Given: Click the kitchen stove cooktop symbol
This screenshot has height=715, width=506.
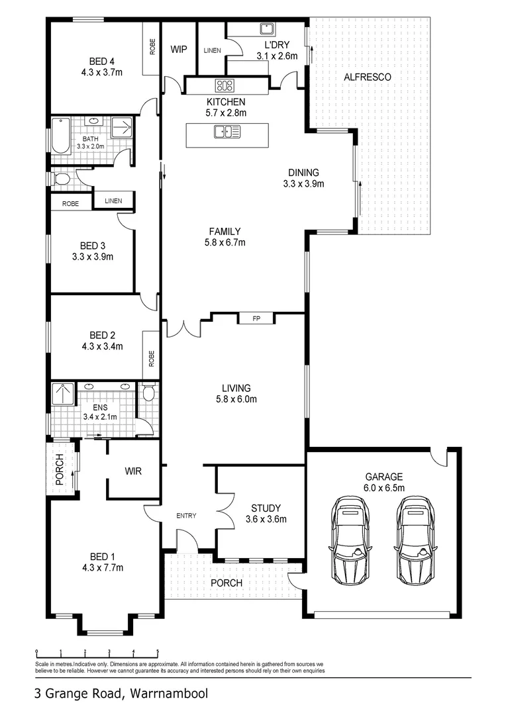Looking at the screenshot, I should [x=225, y=85].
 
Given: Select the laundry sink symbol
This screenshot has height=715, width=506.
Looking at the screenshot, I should [x=268, y=28].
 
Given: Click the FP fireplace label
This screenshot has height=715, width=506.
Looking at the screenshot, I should [x=256, y=319].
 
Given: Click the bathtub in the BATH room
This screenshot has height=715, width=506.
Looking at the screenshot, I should [x=61, y=136].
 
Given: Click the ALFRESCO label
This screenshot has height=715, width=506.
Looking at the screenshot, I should [x=368, y=77].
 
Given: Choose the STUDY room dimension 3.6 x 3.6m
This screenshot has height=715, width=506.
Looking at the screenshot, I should [x=266, y=520].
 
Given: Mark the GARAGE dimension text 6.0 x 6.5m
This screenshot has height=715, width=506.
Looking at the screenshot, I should [x=384, y=488].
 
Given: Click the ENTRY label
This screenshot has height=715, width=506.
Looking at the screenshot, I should [x=185, y=516].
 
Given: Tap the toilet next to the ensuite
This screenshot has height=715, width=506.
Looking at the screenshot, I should [x=148, y=395].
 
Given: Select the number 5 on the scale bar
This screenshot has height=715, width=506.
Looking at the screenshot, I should [x=158, y=651].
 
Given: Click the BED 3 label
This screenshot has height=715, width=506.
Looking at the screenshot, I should [x=93, y=245].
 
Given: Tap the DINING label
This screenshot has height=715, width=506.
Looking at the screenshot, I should [x=303, y=173].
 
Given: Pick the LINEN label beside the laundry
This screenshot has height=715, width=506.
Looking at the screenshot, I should [x=213, y=50].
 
